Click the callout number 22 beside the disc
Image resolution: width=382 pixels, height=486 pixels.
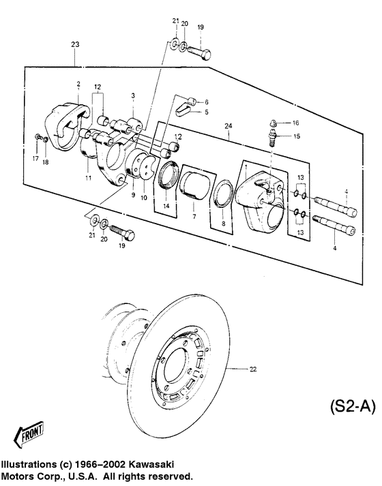coord(253,369)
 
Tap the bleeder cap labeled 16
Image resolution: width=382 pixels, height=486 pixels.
coord(271,123)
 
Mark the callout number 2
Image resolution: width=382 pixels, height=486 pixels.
coord(78,85)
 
